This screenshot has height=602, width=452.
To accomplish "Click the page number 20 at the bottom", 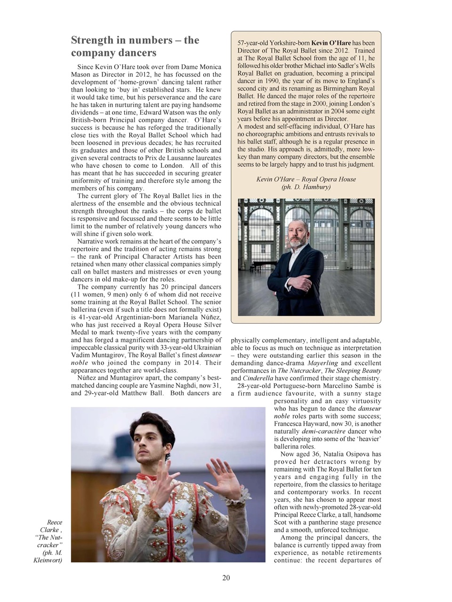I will click(x=226, y=578).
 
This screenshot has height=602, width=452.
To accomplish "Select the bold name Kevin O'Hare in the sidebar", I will click(x=331, y=43).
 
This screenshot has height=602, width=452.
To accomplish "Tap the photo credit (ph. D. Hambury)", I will click(x=306, y=187).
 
